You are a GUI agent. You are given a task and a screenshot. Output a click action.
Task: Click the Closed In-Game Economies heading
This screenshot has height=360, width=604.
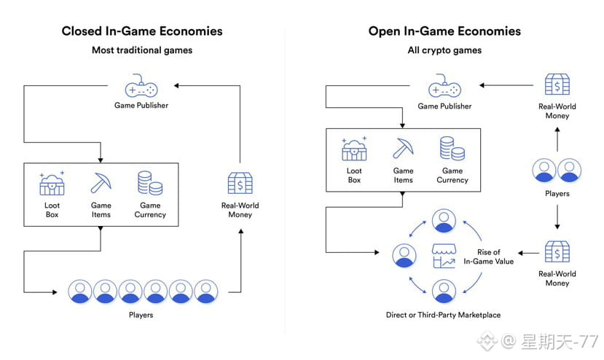(x=142, y=31)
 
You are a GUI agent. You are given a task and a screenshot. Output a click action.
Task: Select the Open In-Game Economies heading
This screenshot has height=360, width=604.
(x=444, y=31)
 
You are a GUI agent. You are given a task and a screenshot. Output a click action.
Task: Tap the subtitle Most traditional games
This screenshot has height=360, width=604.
(x=142, y=50)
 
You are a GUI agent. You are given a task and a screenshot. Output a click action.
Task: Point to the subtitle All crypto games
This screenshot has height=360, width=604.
(x=444, y=50)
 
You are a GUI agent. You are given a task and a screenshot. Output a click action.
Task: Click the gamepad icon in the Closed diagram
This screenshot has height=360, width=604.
(x=141, y=87)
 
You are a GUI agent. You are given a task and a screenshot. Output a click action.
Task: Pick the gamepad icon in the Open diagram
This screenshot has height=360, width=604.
(x=444, y=87)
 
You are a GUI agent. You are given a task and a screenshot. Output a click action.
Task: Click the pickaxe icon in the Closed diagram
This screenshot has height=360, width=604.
(x=101, y=183)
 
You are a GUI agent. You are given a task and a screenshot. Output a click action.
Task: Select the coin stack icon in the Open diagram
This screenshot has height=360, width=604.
(x=452, y=148)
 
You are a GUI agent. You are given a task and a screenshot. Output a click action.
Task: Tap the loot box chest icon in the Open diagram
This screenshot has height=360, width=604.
(x=354, y=149)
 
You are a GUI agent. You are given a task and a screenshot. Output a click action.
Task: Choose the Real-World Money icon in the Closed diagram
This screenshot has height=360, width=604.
(x=240, y=183)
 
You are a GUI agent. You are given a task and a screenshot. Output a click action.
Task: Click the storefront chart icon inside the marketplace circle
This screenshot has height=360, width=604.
(x=443, y=256)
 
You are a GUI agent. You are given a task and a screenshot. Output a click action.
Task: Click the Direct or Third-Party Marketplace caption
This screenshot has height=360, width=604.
(x=443, y=315)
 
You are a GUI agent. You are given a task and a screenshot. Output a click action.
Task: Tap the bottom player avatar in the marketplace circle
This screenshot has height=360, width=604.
(x=443, y=291)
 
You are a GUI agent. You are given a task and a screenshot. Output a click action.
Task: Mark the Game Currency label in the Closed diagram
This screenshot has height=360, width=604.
(x=150, y=210)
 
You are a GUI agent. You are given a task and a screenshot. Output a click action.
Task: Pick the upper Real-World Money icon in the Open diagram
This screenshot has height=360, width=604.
(x=557, y=85)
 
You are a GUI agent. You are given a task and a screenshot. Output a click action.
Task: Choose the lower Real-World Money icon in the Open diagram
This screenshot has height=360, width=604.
(x=557, y=252)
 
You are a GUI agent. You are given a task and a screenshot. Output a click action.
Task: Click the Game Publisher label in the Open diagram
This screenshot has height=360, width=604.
(x=444, y=106)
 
